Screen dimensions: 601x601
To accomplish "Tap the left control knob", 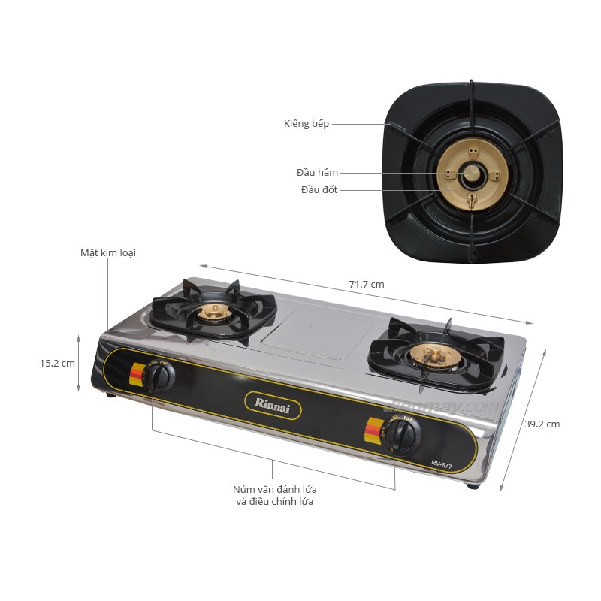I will click(160, 375).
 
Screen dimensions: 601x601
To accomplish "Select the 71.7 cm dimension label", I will click(367, 285).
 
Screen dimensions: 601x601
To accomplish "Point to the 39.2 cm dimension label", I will click(542, 424).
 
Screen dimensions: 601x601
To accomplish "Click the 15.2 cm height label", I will click(58, 363).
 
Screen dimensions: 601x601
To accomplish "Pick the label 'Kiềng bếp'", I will click(307, 123).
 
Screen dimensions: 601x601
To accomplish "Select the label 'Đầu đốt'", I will click(319, 190).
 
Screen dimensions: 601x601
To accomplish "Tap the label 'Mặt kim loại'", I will click(108, 253).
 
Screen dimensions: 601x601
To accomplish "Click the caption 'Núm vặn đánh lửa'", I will click(275, 490).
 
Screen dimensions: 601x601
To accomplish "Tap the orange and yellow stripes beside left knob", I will click(137, 375).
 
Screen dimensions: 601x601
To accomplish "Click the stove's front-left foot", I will click(111, 394).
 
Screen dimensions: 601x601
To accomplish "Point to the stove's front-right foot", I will click(473, 486).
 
